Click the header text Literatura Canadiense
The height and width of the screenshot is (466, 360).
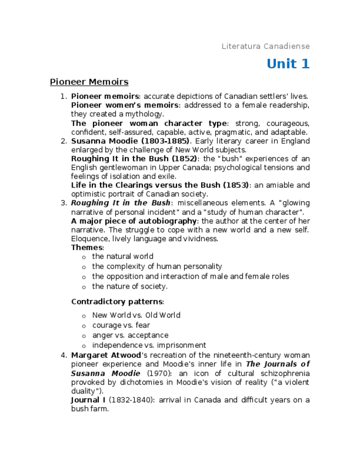click(x=265, y=46)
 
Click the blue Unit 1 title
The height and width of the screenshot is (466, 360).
click(x=288, y=64)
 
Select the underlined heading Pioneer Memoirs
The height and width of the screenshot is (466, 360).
click(x=89, y=82)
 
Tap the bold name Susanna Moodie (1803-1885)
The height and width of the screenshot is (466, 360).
click(x=130, y=141)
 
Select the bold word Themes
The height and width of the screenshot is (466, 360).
click(x=87, y=247)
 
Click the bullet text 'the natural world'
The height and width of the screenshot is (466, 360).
click(x=123, y=257)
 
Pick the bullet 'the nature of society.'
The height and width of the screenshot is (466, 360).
click(x=130, y=286)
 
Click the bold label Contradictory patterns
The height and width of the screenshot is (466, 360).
click(x=117, y=301)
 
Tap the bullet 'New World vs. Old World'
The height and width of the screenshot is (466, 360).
click(x=136, y=315)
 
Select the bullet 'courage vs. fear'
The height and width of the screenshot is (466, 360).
click(x=121, y=325)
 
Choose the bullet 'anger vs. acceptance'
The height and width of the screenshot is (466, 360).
click(x=130, y=335)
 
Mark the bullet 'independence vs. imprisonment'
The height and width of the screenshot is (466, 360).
click(x=149, y=345)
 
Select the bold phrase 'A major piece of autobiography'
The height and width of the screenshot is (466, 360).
click(x=134, y=221)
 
